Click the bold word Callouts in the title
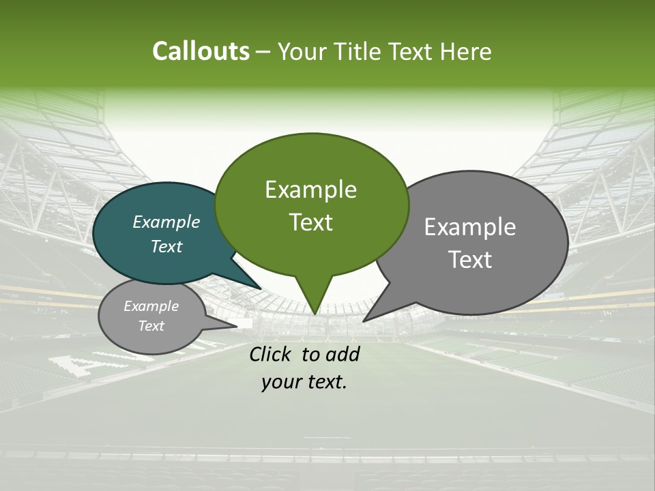coord(201,51)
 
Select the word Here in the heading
coord(466,51)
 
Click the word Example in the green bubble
coord(310,190)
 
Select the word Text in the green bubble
coord(310,222)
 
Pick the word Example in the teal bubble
coord(166,222)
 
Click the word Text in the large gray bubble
coord(470,260)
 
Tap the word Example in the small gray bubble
coord(151,306)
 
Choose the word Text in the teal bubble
coord(166,246)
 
